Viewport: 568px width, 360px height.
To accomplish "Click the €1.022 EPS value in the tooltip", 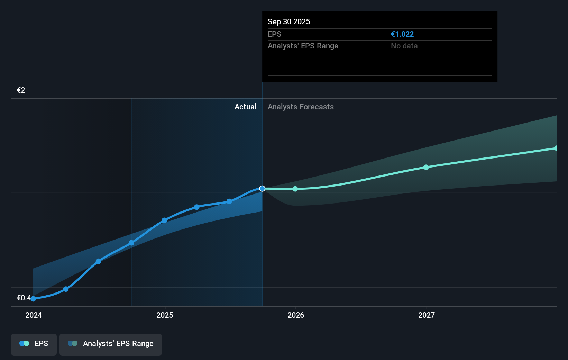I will pos(402,34).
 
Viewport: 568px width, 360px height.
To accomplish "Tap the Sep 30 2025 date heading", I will pos(289,22).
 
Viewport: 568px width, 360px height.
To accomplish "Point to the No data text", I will pos(404,46).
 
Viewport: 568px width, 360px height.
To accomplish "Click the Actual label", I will pos(245,107).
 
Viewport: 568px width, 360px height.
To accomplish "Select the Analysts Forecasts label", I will pos(301,107).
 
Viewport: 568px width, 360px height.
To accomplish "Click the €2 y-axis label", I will pos(21,90).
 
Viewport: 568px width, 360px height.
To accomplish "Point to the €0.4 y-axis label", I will pos(24,298).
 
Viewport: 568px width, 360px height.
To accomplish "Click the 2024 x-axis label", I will pos(34,315).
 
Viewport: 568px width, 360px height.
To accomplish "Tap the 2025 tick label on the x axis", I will pos(165,315).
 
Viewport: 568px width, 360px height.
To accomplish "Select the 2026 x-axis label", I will pos(296,315).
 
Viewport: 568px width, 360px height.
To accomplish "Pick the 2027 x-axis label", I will pos(427,315).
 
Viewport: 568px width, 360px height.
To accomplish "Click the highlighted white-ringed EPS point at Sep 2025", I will pos(262,189).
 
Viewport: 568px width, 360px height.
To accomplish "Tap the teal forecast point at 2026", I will pos(295,189).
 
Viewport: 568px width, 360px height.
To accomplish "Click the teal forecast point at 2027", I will pos(426,167).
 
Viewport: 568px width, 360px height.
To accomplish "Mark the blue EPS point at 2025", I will pos(164,220).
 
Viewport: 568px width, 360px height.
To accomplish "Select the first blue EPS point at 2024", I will pos(33,299).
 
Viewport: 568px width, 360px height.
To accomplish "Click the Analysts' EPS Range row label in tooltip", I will pos(303,46).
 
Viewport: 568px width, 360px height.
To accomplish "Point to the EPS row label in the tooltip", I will pos(274,34).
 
